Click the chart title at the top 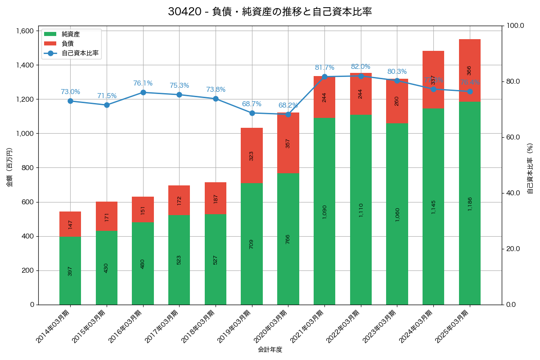tap(270, 12)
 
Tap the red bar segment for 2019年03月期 tap(252, 155)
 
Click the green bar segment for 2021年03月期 tap(324, 211)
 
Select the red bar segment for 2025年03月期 tap(470, 70)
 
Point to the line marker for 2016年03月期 tap(143, 92)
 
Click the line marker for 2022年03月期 tap(361, 76)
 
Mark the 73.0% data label tap(71, 92)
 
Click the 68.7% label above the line tap(252, 104)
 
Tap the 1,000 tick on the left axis tap(25, 134)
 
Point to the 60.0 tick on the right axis tap(513, 137)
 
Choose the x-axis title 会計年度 tap(270, 349)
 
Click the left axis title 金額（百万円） tap(9, 167)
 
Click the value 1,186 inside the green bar tap(470, 204)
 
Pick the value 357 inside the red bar tap(288, 143)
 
